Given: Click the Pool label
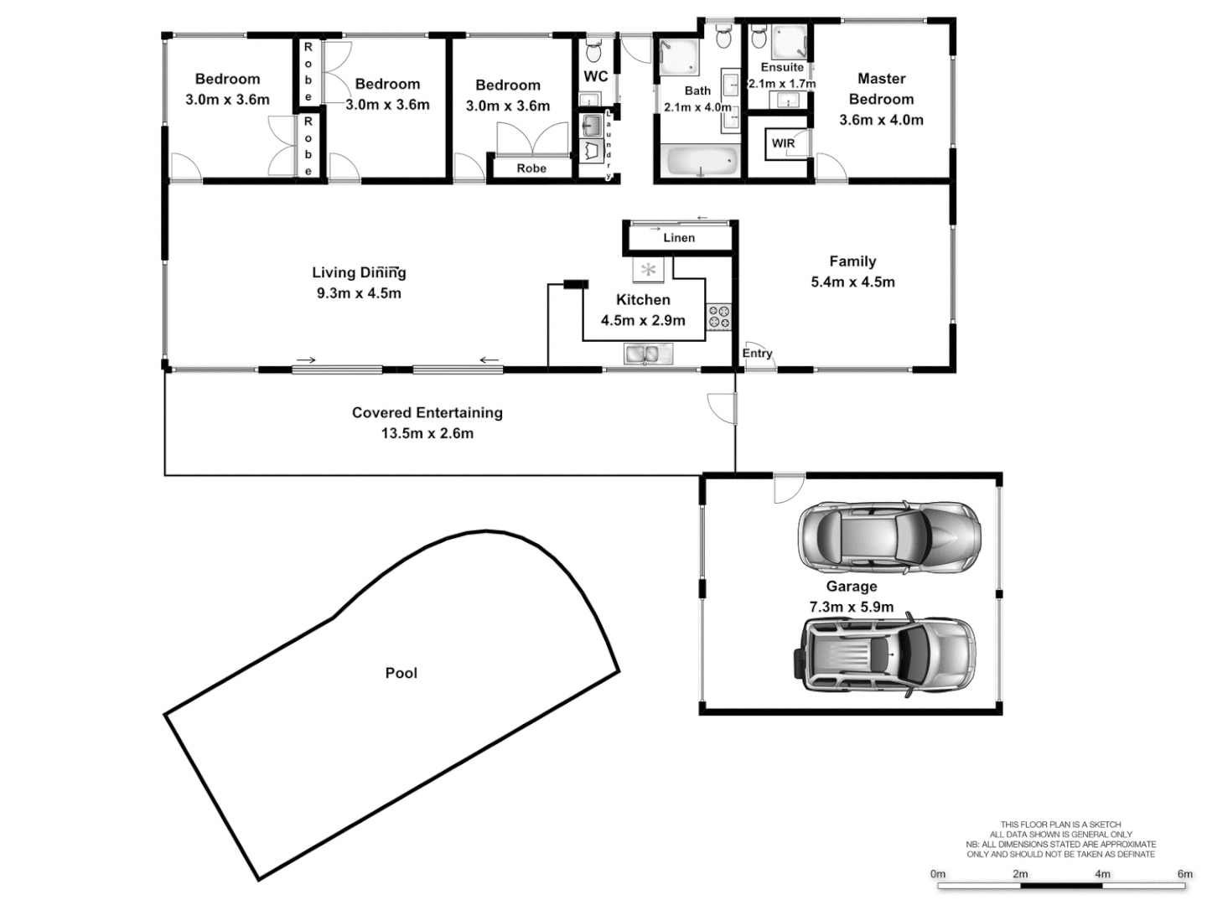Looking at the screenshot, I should [401, 673].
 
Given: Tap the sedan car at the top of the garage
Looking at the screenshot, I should [888, 538].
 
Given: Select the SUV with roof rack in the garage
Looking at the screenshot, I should [883, 654].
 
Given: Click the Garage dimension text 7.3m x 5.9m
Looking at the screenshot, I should [851, 607].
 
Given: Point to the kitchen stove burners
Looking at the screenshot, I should [719, 317].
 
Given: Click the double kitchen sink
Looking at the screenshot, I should [648, 354].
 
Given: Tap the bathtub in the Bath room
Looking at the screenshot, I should [701, 160].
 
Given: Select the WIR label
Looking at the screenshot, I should [783, 143].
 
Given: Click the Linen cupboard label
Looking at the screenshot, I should [679, 238].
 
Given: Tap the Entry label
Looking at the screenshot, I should [757, 354].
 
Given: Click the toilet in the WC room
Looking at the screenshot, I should [594, 53].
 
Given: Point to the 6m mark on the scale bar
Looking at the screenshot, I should [1184, 874].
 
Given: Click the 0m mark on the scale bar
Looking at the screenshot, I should [938, 874].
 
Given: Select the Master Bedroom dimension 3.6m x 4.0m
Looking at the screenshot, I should [881, 120].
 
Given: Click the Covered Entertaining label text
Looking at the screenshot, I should [427, 412].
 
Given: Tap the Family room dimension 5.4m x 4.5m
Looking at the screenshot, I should [852, 282].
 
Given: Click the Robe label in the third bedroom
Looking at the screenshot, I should [531, 168].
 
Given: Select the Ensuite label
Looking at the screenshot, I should [782, 67].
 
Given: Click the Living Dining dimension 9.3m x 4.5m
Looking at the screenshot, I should [359, 293].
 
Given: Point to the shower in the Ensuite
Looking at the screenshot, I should [789, 42].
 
